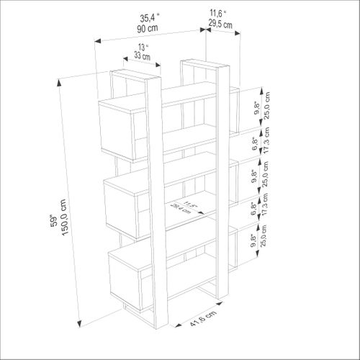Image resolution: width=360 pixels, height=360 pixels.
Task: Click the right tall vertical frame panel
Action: point(222,180)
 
